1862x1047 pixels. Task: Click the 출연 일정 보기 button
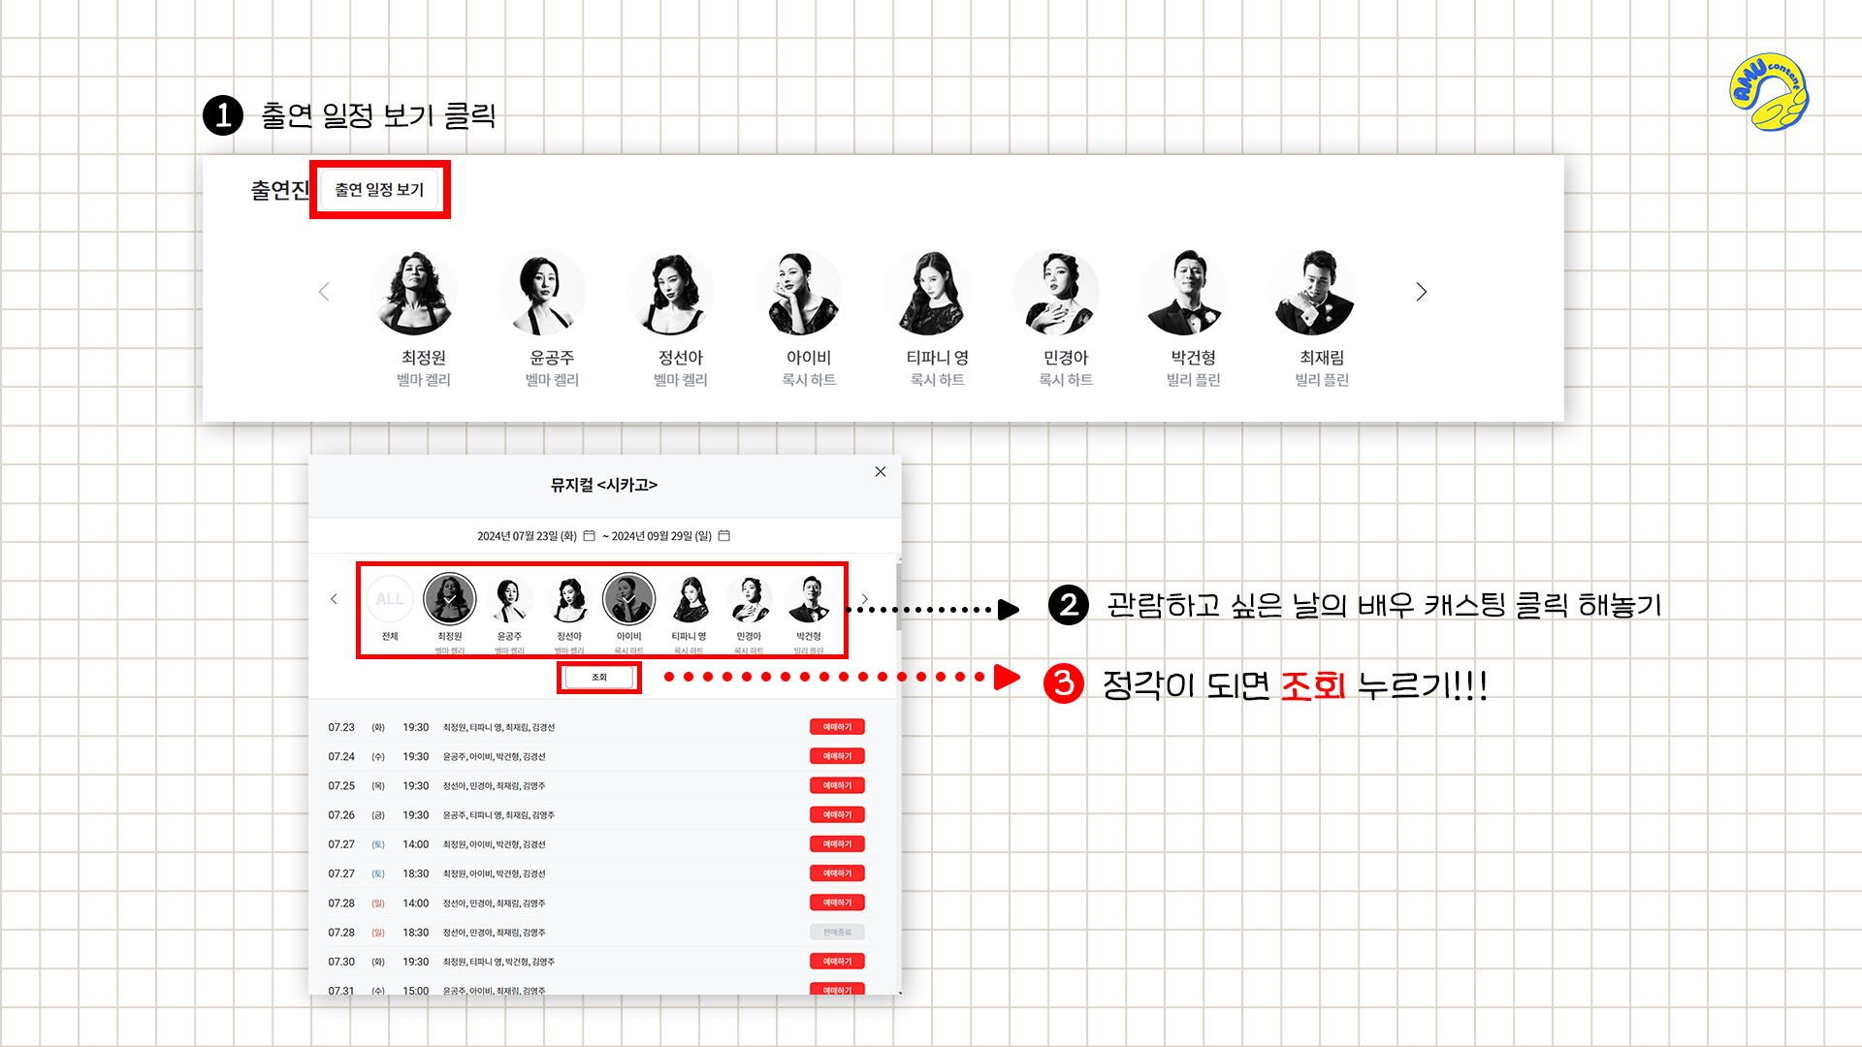pos(379,190)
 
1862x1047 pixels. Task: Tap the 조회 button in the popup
pos(598,677)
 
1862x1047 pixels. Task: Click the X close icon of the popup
pos(881,472)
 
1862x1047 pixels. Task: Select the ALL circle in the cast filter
pos(390,599)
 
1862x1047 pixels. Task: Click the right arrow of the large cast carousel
pos(1421,292)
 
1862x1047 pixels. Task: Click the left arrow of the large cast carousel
pos(324,292)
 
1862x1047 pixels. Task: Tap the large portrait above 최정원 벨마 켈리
pos(415,292)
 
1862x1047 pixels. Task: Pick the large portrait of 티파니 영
pos(928,292)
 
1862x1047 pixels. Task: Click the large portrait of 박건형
pos(1185,292)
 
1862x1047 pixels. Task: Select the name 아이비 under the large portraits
pos(809,358)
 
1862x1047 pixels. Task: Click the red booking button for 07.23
pos(837,727)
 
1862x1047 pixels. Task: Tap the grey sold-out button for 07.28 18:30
pos(837,933)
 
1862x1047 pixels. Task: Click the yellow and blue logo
pos(1769,92)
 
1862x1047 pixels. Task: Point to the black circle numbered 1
pos(223,115)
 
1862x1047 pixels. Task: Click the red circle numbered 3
pos(1064,683)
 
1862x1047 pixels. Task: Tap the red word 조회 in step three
pos(1313,685)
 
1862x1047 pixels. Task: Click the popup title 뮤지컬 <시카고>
pos(603,485)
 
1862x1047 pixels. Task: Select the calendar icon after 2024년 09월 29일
pos(723,535)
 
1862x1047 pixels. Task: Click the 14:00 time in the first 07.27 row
pos(415,844)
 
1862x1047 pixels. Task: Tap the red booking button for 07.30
pos(837,962)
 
